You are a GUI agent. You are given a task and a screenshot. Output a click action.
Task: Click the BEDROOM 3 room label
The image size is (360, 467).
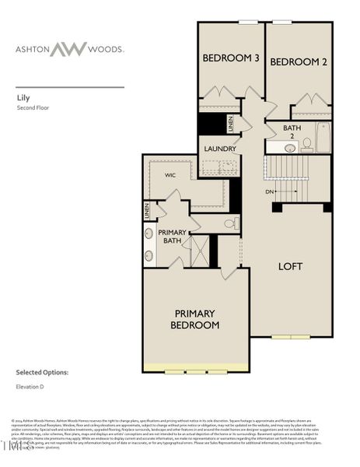pos(231,58)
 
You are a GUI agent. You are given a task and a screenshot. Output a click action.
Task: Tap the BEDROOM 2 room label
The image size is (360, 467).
pos(299,61)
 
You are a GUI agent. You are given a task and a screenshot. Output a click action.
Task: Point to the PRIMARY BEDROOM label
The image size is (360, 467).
pos(194,319)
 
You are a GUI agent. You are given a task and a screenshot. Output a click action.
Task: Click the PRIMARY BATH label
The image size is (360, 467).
pos(172,237)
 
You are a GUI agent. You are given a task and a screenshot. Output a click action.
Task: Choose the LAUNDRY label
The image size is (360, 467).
pos(220,149)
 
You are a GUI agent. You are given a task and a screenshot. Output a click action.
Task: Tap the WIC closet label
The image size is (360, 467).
pos(170,175)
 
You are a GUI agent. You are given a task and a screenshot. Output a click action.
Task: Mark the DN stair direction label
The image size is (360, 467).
pos(269,191)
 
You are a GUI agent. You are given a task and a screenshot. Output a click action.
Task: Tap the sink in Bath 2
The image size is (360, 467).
pos(290,147)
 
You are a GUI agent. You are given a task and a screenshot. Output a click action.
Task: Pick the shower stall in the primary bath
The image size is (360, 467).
pos(200,251)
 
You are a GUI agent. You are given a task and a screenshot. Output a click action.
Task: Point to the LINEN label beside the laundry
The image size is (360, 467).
pos(231,123)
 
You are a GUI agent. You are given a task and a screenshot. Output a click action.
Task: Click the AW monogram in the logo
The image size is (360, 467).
pos(75,49)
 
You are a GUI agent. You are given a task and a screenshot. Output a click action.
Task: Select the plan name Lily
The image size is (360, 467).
pos(23,99)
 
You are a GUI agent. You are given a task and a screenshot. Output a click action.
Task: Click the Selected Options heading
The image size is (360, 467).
pos(42,373)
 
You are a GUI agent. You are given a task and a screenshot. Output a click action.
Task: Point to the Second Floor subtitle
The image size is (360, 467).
pos(33,108)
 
